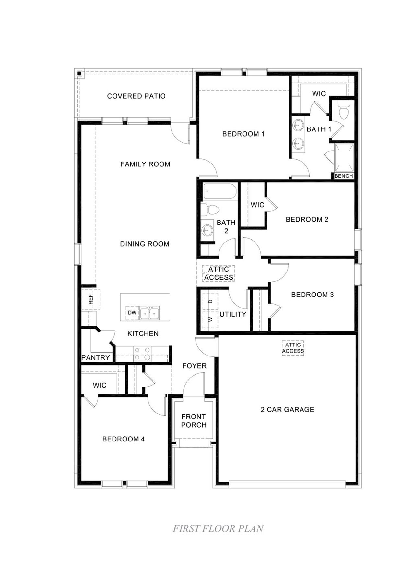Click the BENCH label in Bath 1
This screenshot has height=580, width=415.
343,176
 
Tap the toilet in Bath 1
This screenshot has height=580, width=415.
343,112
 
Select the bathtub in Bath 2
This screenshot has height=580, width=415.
219,192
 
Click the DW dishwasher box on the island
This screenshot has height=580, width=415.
132,313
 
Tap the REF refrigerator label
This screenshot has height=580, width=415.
91,299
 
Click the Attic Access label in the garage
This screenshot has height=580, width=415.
293,348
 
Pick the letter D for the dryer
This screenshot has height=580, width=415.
210,301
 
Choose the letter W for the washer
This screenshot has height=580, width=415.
210,319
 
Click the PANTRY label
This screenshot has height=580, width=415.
95,357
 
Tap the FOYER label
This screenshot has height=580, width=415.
194,366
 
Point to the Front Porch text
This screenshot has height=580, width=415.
194,421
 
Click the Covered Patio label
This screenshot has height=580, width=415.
136,96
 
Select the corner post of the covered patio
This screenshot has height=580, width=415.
79,74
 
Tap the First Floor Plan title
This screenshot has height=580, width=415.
218,529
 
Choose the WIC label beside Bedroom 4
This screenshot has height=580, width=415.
100,385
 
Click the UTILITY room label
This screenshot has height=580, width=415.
233,314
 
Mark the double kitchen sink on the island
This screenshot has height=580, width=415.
149,313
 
